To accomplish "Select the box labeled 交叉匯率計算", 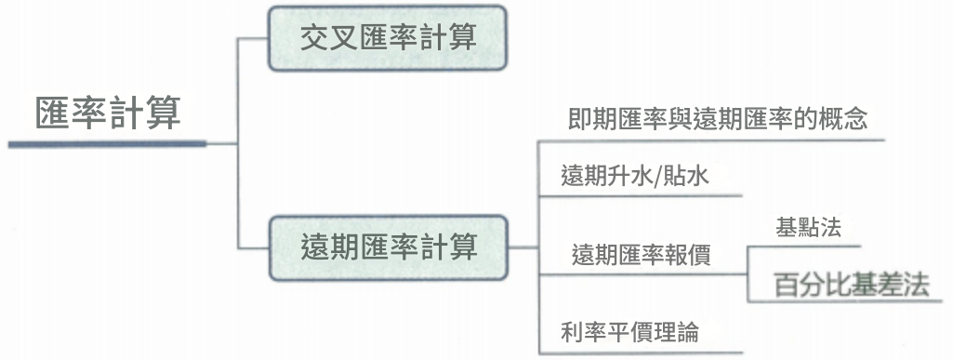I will point(389,38).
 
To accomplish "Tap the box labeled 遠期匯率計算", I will point(389,247).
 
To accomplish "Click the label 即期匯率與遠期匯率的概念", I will point(717,120).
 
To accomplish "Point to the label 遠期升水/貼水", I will point(635,176).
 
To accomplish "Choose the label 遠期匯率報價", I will point(641,255).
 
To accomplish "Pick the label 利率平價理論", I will point(629,331).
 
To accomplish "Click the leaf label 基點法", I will point(807,228).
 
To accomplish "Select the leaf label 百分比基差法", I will point(852,286).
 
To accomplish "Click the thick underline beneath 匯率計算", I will point(107,144).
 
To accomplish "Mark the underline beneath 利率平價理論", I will point(642,353).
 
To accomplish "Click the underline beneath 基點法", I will point(804,247).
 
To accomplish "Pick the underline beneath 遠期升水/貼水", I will point(642,195).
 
